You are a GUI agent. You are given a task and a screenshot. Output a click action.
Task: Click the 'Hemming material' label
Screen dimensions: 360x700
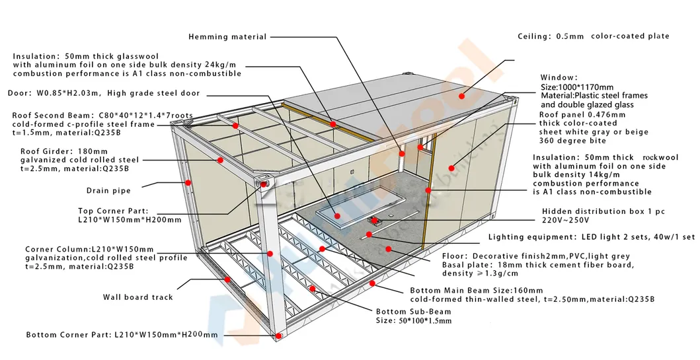pos(227,37)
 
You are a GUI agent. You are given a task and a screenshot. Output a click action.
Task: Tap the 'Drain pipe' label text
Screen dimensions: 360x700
pos(108,191)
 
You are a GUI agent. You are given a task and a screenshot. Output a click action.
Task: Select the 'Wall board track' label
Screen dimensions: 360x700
pos(137,297)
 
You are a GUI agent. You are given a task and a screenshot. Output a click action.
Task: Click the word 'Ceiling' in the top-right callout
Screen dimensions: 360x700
pos(533,36)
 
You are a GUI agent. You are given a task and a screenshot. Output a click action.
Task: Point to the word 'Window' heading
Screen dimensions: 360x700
pos(559,78)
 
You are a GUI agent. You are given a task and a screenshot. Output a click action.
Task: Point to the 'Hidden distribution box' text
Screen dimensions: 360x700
pos(584,211)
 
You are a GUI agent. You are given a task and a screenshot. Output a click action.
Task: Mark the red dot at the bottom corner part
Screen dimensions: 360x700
pos(279,336)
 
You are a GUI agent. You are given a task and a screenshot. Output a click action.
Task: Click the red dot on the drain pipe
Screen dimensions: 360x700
pos(188,182)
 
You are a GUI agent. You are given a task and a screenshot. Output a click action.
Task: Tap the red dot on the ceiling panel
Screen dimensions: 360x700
pos(463,96)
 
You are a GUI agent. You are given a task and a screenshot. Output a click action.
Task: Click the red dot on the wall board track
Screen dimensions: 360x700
pos(227,279)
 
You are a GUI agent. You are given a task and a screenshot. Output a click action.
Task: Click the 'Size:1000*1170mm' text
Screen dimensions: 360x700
pos(576,87)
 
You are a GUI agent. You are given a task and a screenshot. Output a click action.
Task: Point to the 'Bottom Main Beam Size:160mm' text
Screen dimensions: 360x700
pos(476,290)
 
